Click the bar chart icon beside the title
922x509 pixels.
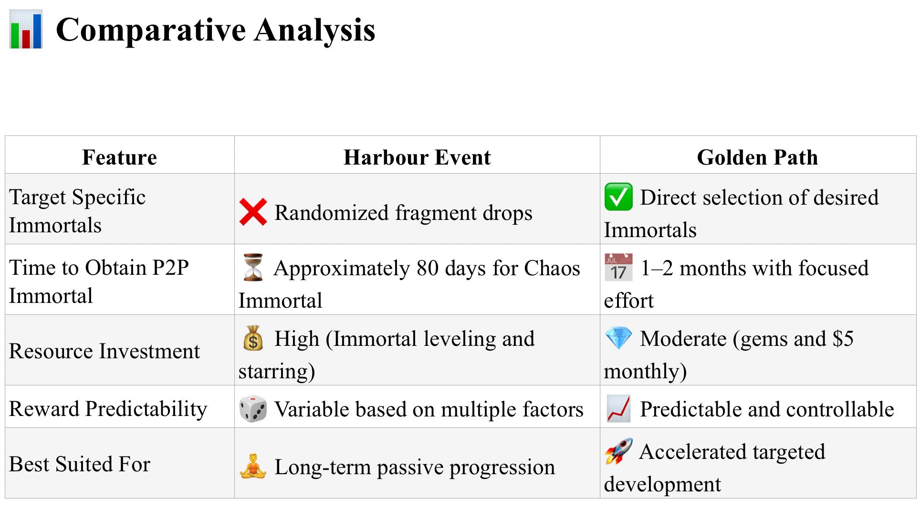click(x=26, y=29)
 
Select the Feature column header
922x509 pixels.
click(x=119, y=157)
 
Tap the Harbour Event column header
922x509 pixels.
click(x=417, y=157)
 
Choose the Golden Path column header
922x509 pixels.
click(x=757, y=157)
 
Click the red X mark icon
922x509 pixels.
click(x=253, y=212)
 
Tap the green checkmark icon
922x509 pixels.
click(x=618, y=197)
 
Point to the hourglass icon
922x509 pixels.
click(x=253, y=267)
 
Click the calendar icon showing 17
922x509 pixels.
click(x=618, y=267)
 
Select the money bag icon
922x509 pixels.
click(x=253, y=338)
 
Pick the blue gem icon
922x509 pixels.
click(x=618, y=338)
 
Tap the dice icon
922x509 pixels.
click(x=253, y=409)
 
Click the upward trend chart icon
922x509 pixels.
click(x=618, y=409)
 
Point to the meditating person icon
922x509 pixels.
click(x=253, y=467)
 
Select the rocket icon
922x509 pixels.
click(x=618, y=451)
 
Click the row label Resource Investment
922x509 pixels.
click(x=105, y=351)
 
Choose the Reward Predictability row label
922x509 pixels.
click(x=108, y=409)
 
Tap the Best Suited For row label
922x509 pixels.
click(x=80, y=464)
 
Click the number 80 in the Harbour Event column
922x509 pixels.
click(x=428, y=268)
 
